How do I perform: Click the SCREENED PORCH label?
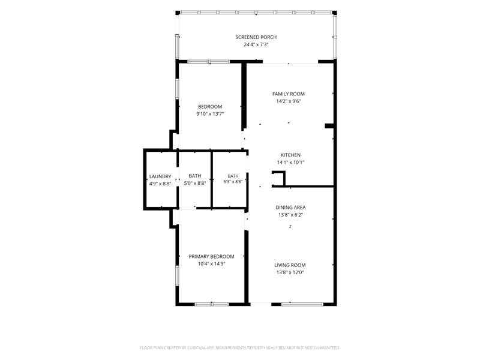click(256, 37)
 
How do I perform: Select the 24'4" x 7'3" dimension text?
click(256, 44)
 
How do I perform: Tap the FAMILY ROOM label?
click(289, 94)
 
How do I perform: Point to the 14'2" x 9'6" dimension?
click(289, 101)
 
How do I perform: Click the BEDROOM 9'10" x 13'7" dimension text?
click(210, 114)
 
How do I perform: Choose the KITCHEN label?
click(290, 155)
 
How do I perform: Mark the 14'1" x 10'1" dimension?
click(290, 162)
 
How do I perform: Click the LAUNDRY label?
click(160, 176)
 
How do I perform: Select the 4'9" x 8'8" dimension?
click(160, 184)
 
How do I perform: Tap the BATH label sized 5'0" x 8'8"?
click(195, 176)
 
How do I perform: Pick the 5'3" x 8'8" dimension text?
click(233, 182)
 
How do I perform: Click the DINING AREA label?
click(290, 207)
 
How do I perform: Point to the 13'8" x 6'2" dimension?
click(290, 215)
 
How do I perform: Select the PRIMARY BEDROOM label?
click(212, 257)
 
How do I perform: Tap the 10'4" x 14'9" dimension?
click(212, 264)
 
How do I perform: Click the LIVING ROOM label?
click(290, 265)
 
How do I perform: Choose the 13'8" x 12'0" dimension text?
click(290, 272)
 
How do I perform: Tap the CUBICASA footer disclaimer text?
click(239, 348)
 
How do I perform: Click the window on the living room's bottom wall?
click(302, 304)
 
